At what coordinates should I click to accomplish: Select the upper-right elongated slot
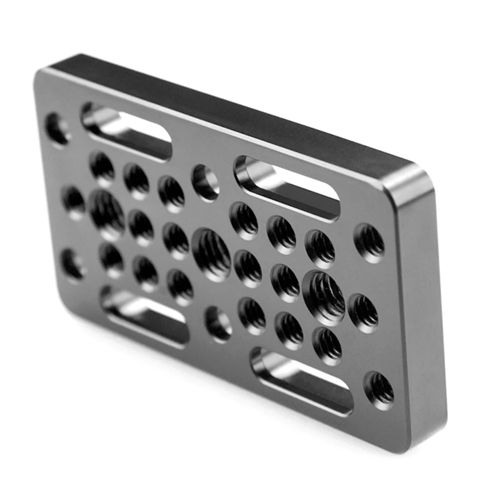point(287,188)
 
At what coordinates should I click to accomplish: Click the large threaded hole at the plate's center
point(212,254)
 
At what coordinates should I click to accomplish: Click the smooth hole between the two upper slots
point(206,182)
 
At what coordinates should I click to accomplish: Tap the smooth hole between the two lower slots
point(218,323)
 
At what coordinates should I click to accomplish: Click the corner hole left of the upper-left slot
point(58,128)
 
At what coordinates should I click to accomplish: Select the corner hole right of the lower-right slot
point(379,390)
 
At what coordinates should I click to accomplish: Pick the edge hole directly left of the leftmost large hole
point(74,201)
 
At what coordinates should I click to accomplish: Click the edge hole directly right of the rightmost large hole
point(363,312)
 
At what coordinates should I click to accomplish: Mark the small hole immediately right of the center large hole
point(248,269)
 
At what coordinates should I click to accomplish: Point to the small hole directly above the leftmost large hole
point(102,167)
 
